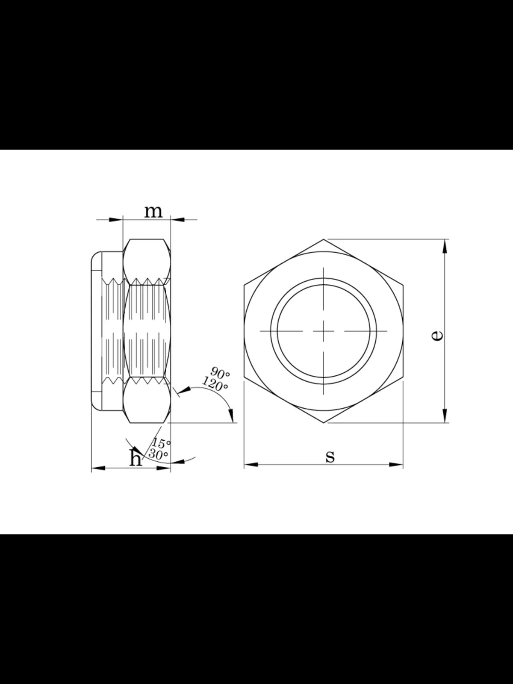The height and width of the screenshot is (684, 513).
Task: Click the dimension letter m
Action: (153, 212)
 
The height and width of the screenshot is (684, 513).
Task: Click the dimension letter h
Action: (136, 458)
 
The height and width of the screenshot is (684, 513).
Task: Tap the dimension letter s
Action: (330, 457)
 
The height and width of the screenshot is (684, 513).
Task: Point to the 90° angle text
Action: (220, 372)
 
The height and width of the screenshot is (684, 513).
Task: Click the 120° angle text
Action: (215, 383)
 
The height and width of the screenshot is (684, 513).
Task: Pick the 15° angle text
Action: (161, 443)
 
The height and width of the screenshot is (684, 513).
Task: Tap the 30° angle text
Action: (158, 454)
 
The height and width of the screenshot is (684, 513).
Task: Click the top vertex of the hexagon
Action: (324, 239)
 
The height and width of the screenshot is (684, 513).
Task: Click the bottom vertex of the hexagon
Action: (324, 423)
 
